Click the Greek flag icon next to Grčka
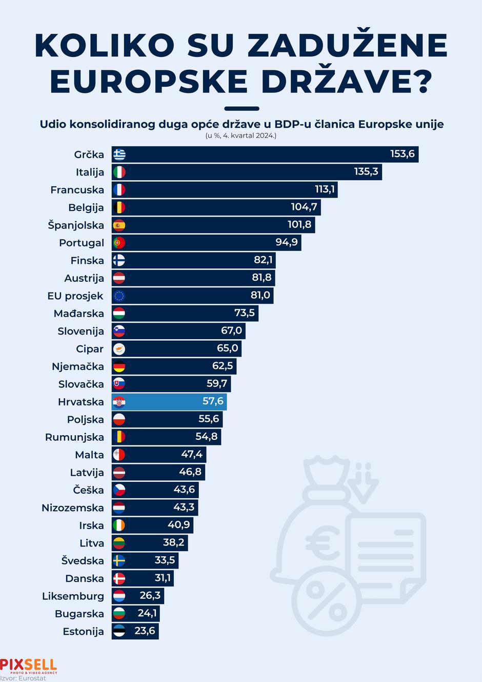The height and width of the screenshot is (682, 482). pyautogui.click(x=119, y=154)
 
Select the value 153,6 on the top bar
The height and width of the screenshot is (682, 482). pyautogui.click(x=402, y=154)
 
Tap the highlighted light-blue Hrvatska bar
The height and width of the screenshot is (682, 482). pyautogui.click(x=169, y=402)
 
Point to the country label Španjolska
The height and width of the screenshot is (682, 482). pyautogui.click(x=76, y=225)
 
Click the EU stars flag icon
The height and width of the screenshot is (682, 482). pyautogui.click(x=119, y=296)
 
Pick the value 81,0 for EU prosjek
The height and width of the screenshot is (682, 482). pyautogui.click(x=260, y=295)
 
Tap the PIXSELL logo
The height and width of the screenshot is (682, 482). pyautogui.click(x=28, y=666)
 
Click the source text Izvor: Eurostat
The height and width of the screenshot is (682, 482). pyautogui.click(x=23, y=678)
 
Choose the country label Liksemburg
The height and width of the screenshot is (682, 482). pyautogui.click(x=73, y=596)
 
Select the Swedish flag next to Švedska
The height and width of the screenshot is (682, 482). pyautogui.click(x=119, y=561)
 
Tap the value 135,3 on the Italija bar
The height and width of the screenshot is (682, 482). pyautogui.click(x=366, y=171)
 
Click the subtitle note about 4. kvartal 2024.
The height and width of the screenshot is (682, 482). pyautogui.click(x=241, y=136)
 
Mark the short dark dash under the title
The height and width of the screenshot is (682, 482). pyautogui.click(x=242, y=109)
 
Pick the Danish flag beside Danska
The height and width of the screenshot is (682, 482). pyautogui.click(x=119, y=578)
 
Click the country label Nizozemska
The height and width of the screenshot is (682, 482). pyautogui.click(x=73, y=508)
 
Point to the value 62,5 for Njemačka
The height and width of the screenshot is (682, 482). pyautogui.click(x=223, y=366)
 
